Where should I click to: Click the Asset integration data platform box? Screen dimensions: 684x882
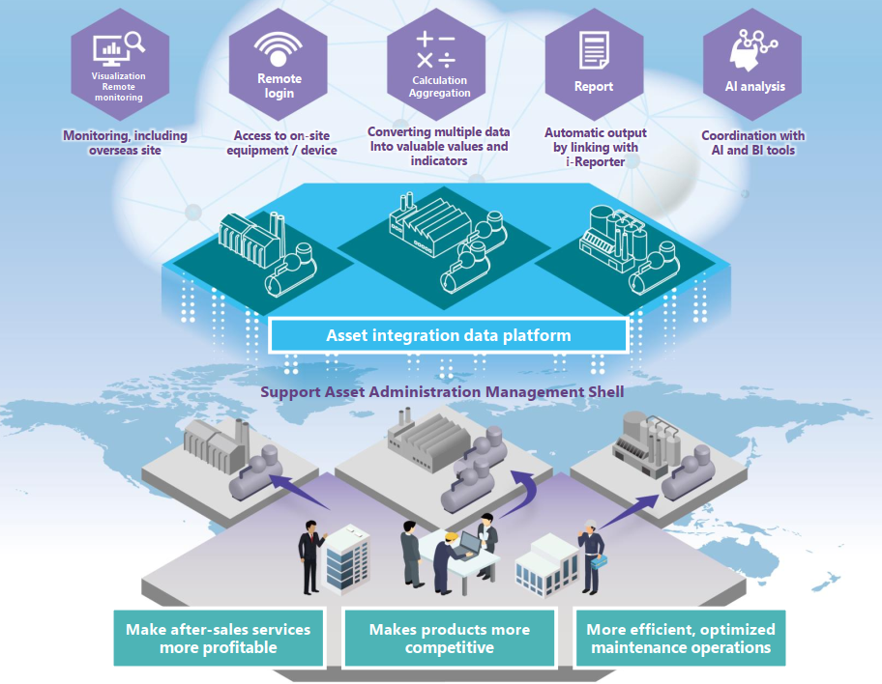(x=448, y=336)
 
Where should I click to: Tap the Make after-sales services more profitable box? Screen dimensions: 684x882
(x=218, y=639)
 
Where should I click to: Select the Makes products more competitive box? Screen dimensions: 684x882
(x=449, y=639)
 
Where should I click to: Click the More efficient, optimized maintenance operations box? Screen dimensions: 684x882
(x=681, y=639)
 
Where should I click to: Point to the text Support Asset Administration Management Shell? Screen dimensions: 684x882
(x=441, y=391)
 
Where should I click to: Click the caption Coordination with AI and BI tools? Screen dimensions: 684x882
(x=752, y=143)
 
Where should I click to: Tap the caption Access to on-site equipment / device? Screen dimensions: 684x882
(x=285, y=143)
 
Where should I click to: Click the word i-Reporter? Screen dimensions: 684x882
(x=593, y=161)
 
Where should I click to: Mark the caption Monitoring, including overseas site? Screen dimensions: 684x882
(x=125, y=143)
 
